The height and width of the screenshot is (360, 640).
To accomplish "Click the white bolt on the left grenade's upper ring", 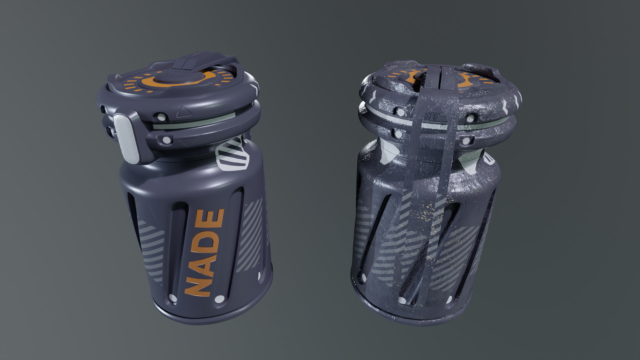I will pyautogui.click(x=161, y=117).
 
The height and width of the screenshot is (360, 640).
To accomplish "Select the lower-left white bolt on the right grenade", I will pyautogui.click(x=398, y=134).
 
